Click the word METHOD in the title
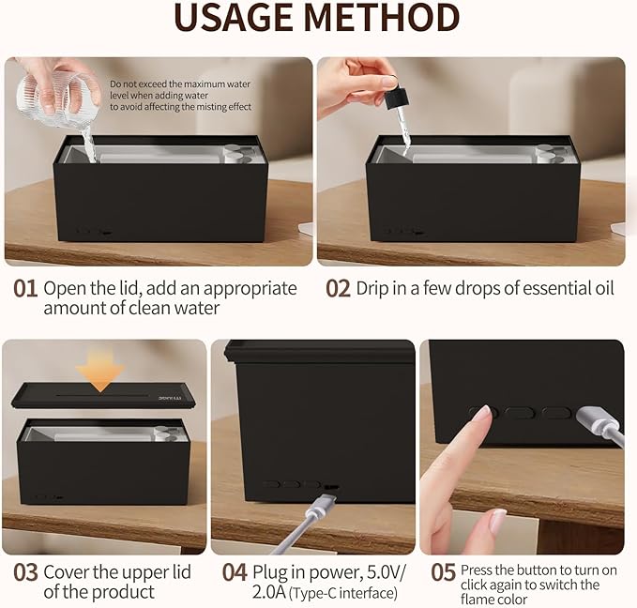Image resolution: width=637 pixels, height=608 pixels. [x=382, y=18]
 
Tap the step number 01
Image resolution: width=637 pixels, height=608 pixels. [x=25, y=289]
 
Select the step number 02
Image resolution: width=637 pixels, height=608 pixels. [x=338, y=289]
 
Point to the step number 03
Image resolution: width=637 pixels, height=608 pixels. [x=25, y=572]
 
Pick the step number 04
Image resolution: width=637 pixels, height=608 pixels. [x=235, y=572]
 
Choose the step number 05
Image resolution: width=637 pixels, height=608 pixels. [x=443, y=572]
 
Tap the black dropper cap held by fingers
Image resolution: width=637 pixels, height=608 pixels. [x=396, y=99]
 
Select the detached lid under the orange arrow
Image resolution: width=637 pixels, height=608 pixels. [x=103, y=395]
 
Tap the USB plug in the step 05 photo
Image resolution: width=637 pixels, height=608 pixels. [x=593, y=421]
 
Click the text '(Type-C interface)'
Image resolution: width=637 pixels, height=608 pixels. [x=342, y=593]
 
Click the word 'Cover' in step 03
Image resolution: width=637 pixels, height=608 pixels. [x=66, y=572]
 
